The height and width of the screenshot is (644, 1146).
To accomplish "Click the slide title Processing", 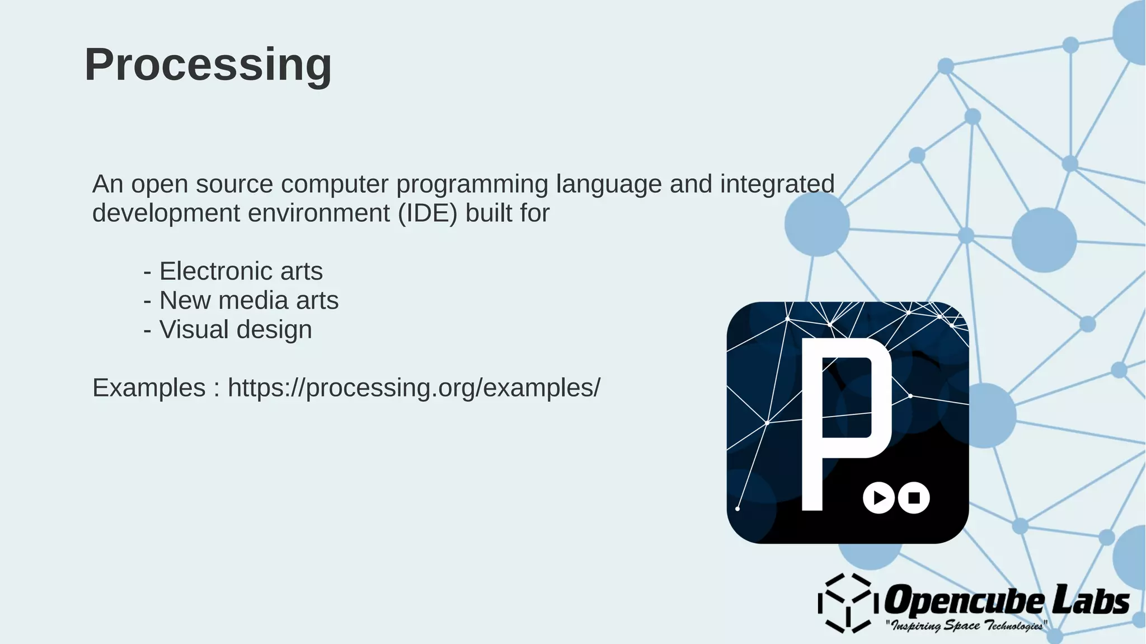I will tap(208, 65).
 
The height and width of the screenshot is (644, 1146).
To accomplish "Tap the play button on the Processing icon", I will tap(879, 497).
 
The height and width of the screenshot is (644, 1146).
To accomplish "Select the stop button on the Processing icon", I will tap(914, 497).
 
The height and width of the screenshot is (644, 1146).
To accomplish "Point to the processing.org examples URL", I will tap(414, 388).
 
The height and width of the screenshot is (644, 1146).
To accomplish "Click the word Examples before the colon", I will tap(149, 388).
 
